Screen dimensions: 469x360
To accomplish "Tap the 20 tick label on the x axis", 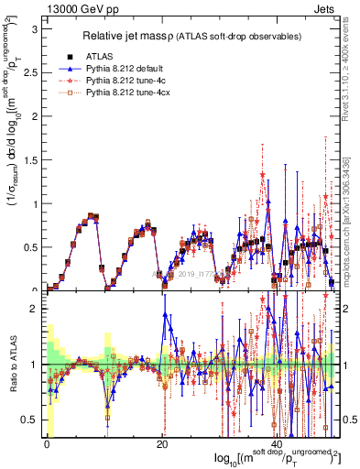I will point(161,444).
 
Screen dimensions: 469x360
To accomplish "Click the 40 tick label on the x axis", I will point(276,444).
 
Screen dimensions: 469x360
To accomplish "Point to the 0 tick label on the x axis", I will point(47,444).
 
